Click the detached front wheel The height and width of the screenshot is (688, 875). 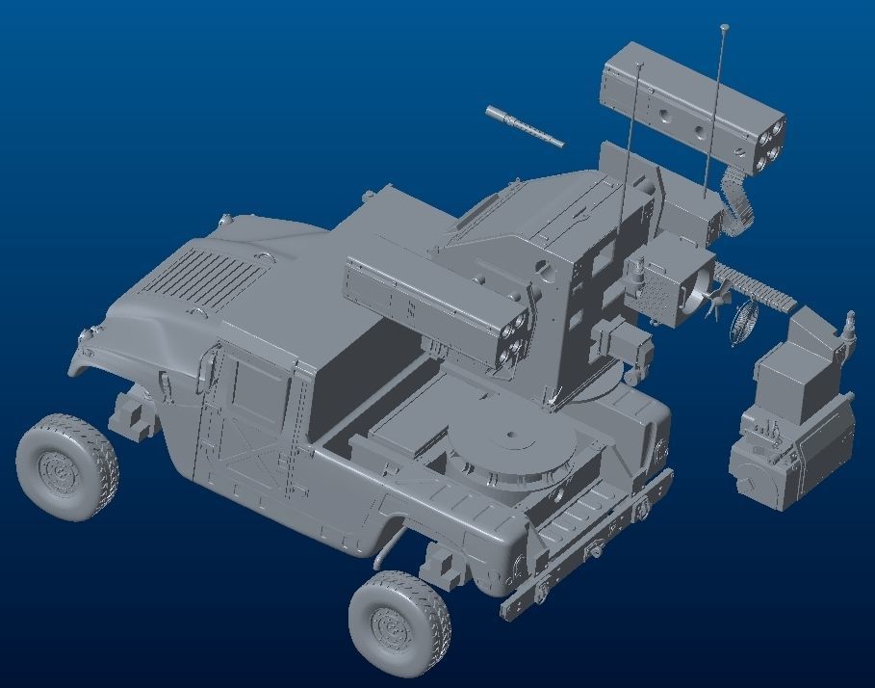[66, 467]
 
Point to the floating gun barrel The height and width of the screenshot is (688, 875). [525, 126]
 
